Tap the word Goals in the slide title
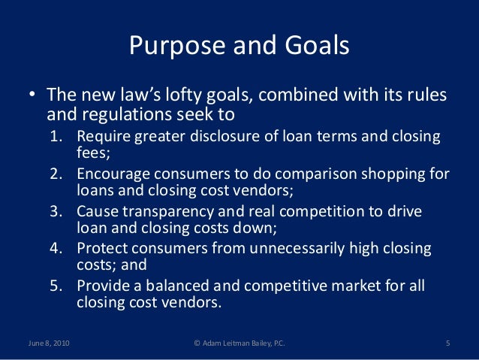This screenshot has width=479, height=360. [x=315, y=47]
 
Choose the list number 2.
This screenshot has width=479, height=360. [x=57, y=174]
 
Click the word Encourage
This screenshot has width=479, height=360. [x=114, y=174]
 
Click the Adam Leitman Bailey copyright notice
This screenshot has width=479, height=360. [x=239, y=344]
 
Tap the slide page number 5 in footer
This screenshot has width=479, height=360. [x=447, y=344]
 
